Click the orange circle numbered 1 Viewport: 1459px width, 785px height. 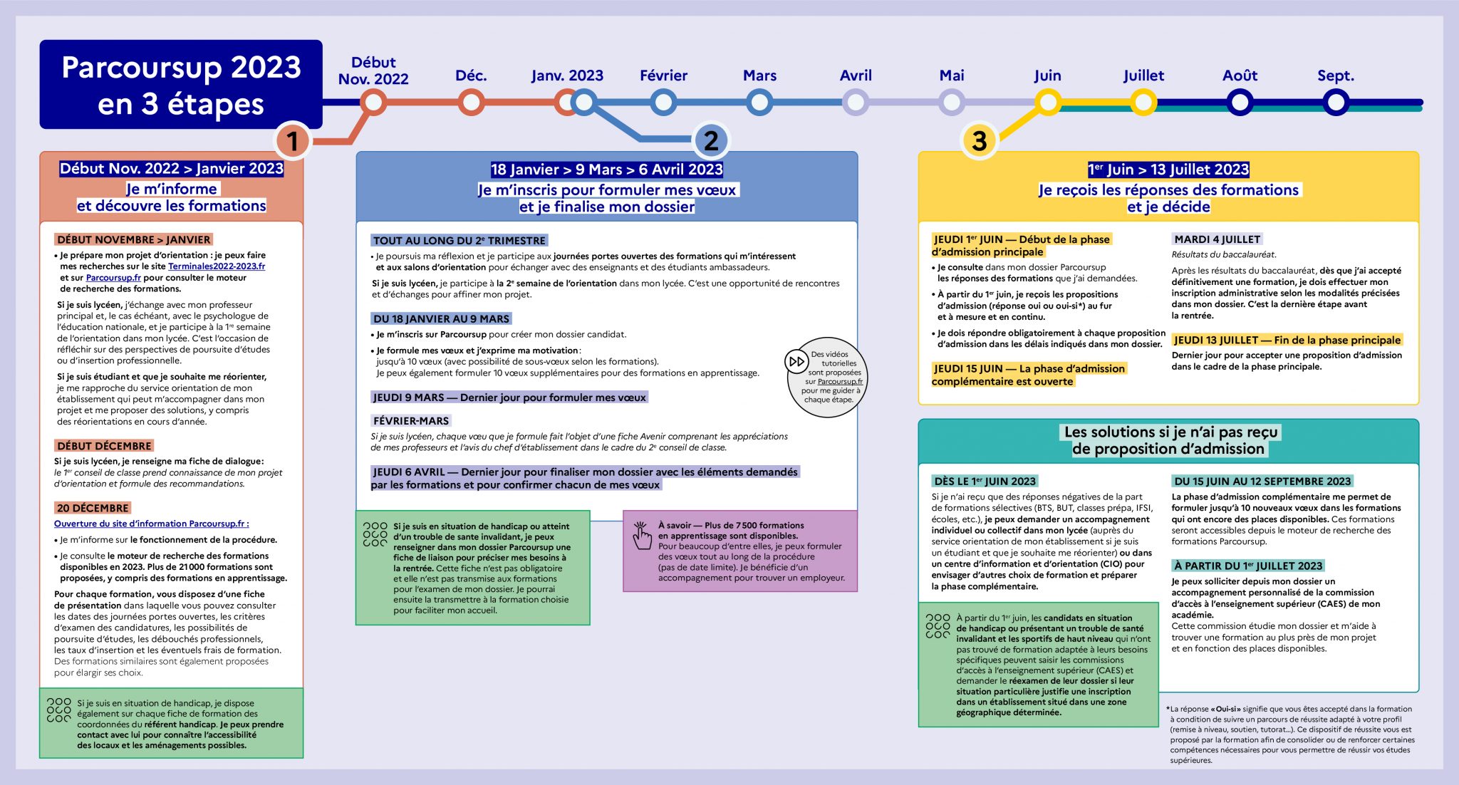(292, 140)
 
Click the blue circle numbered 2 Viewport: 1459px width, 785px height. (710, 140)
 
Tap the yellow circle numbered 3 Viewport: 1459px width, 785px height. (980, 140)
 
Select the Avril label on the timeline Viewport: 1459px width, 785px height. (856, 76)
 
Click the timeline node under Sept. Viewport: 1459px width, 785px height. (1336, 103)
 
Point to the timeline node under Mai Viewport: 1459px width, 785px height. (952, 103)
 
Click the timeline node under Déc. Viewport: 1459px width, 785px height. (471, 103)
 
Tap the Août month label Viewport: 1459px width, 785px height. (1240, 76)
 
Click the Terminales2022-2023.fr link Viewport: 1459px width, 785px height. (217, 266)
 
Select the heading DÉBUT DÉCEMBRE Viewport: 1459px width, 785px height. (104, 446)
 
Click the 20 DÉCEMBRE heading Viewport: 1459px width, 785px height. (93, 508)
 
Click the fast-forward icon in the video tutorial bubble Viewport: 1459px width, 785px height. (796, 361)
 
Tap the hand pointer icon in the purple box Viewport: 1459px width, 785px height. (642, 536)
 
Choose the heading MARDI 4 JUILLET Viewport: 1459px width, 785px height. (1217, 239)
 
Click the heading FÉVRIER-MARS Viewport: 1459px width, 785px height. (411, 421)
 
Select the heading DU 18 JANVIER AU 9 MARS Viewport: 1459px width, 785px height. (442, 319)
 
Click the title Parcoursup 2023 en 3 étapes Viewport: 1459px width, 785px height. (181, 85)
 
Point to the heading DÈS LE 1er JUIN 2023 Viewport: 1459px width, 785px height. (985, 482)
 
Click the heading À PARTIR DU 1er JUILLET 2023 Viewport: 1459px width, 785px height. (1247, 566)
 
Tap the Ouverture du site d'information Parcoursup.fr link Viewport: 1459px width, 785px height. (152, 524)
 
